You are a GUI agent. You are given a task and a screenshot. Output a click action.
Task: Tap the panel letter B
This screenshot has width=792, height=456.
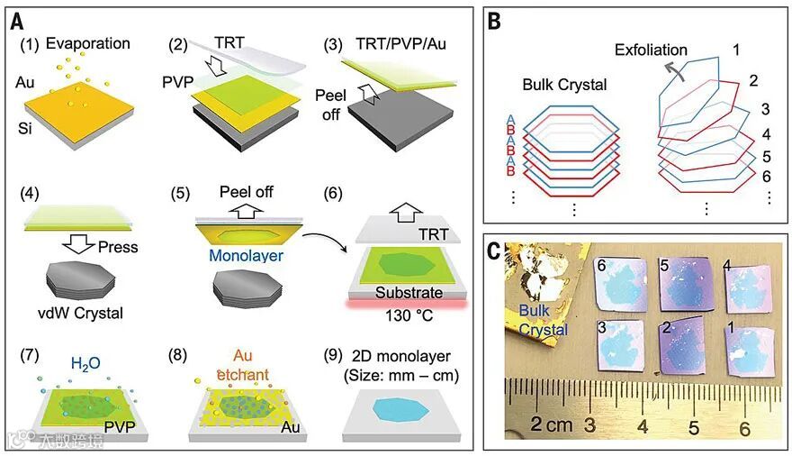tap(495, 19)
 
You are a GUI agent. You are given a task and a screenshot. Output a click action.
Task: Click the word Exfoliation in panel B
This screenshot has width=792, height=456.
tap(651, 50)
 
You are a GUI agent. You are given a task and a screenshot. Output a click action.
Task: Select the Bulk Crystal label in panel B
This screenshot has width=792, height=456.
tap(565, 86)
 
